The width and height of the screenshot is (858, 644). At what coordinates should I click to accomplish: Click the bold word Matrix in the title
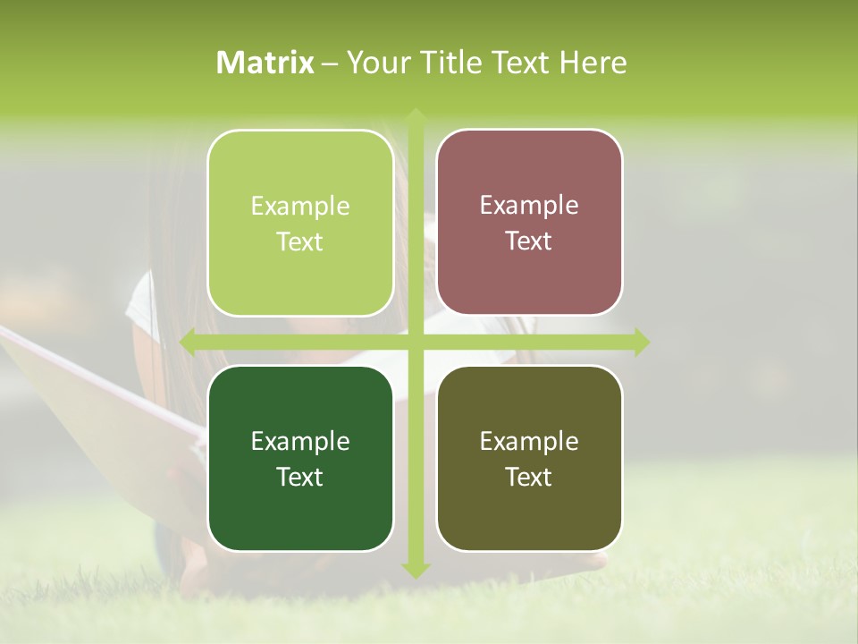pyautogui.click(x=265, y=63)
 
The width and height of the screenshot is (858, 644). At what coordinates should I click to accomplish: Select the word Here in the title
pyautogui.click(x=593, y=63)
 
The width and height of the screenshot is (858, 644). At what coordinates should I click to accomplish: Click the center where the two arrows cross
pyautogui.click(x=415, y=342)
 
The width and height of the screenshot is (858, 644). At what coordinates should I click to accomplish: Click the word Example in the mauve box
pyautogui.click(x=529, y=206)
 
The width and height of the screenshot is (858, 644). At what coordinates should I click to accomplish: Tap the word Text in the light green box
pyautogui.click(x=300, y=242)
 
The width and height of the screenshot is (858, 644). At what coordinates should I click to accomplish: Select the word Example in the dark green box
pyautogui.click(x=300, y=442)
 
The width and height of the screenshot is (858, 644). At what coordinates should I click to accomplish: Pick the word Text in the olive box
pyautogui.click(x=529, y=478)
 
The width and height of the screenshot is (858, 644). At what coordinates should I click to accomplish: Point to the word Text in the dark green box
pyautogui.click(x=300, y=478)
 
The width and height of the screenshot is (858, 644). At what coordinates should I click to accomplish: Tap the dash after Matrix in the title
pyautogui.click(x=330, y=64)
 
